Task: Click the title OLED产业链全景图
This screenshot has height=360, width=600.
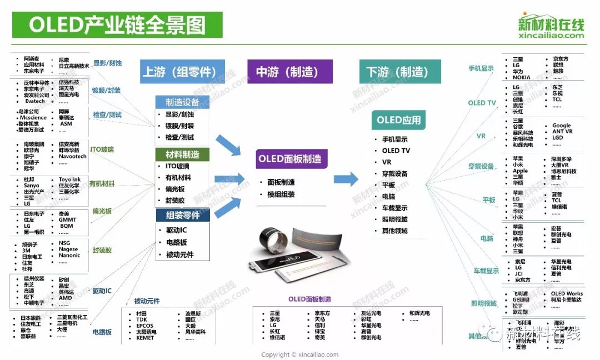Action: point(117,25)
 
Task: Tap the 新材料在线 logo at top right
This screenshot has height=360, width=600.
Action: point(551,26)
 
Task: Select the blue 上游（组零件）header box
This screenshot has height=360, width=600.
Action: point(182,72)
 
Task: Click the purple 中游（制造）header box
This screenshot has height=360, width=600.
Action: point(287,72)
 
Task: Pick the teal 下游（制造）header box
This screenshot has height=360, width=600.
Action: point(395,72)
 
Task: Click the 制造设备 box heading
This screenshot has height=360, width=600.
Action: point(182,102)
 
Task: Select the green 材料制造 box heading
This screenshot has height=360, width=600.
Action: point(182,154)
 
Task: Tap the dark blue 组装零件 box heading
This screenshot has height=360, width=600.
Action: point(183,215)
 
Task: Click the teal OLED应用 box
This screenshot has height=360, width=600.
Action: point(398,120)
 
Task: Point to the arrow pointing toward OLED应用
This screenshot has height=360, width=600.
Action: point(346,179)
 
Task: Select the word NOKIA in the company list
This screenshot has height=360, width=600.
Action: point(521,78)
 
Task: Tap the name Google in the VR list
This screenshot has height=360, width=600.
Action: point(561,126)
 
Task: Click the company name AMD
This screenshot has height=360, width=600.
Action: point(65,298)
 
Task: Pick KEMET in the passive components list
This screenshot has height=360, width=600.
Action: point(145,338)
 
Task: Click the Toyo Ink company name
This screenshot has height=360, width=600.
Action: point(69,179)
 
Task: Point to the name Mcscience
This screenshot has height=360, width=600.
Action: point(33,118)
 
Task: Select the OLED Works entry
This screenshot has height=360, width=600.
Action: point(567,293)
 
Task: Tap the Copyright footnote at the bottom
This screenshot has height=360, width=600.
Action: point(299,354)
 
